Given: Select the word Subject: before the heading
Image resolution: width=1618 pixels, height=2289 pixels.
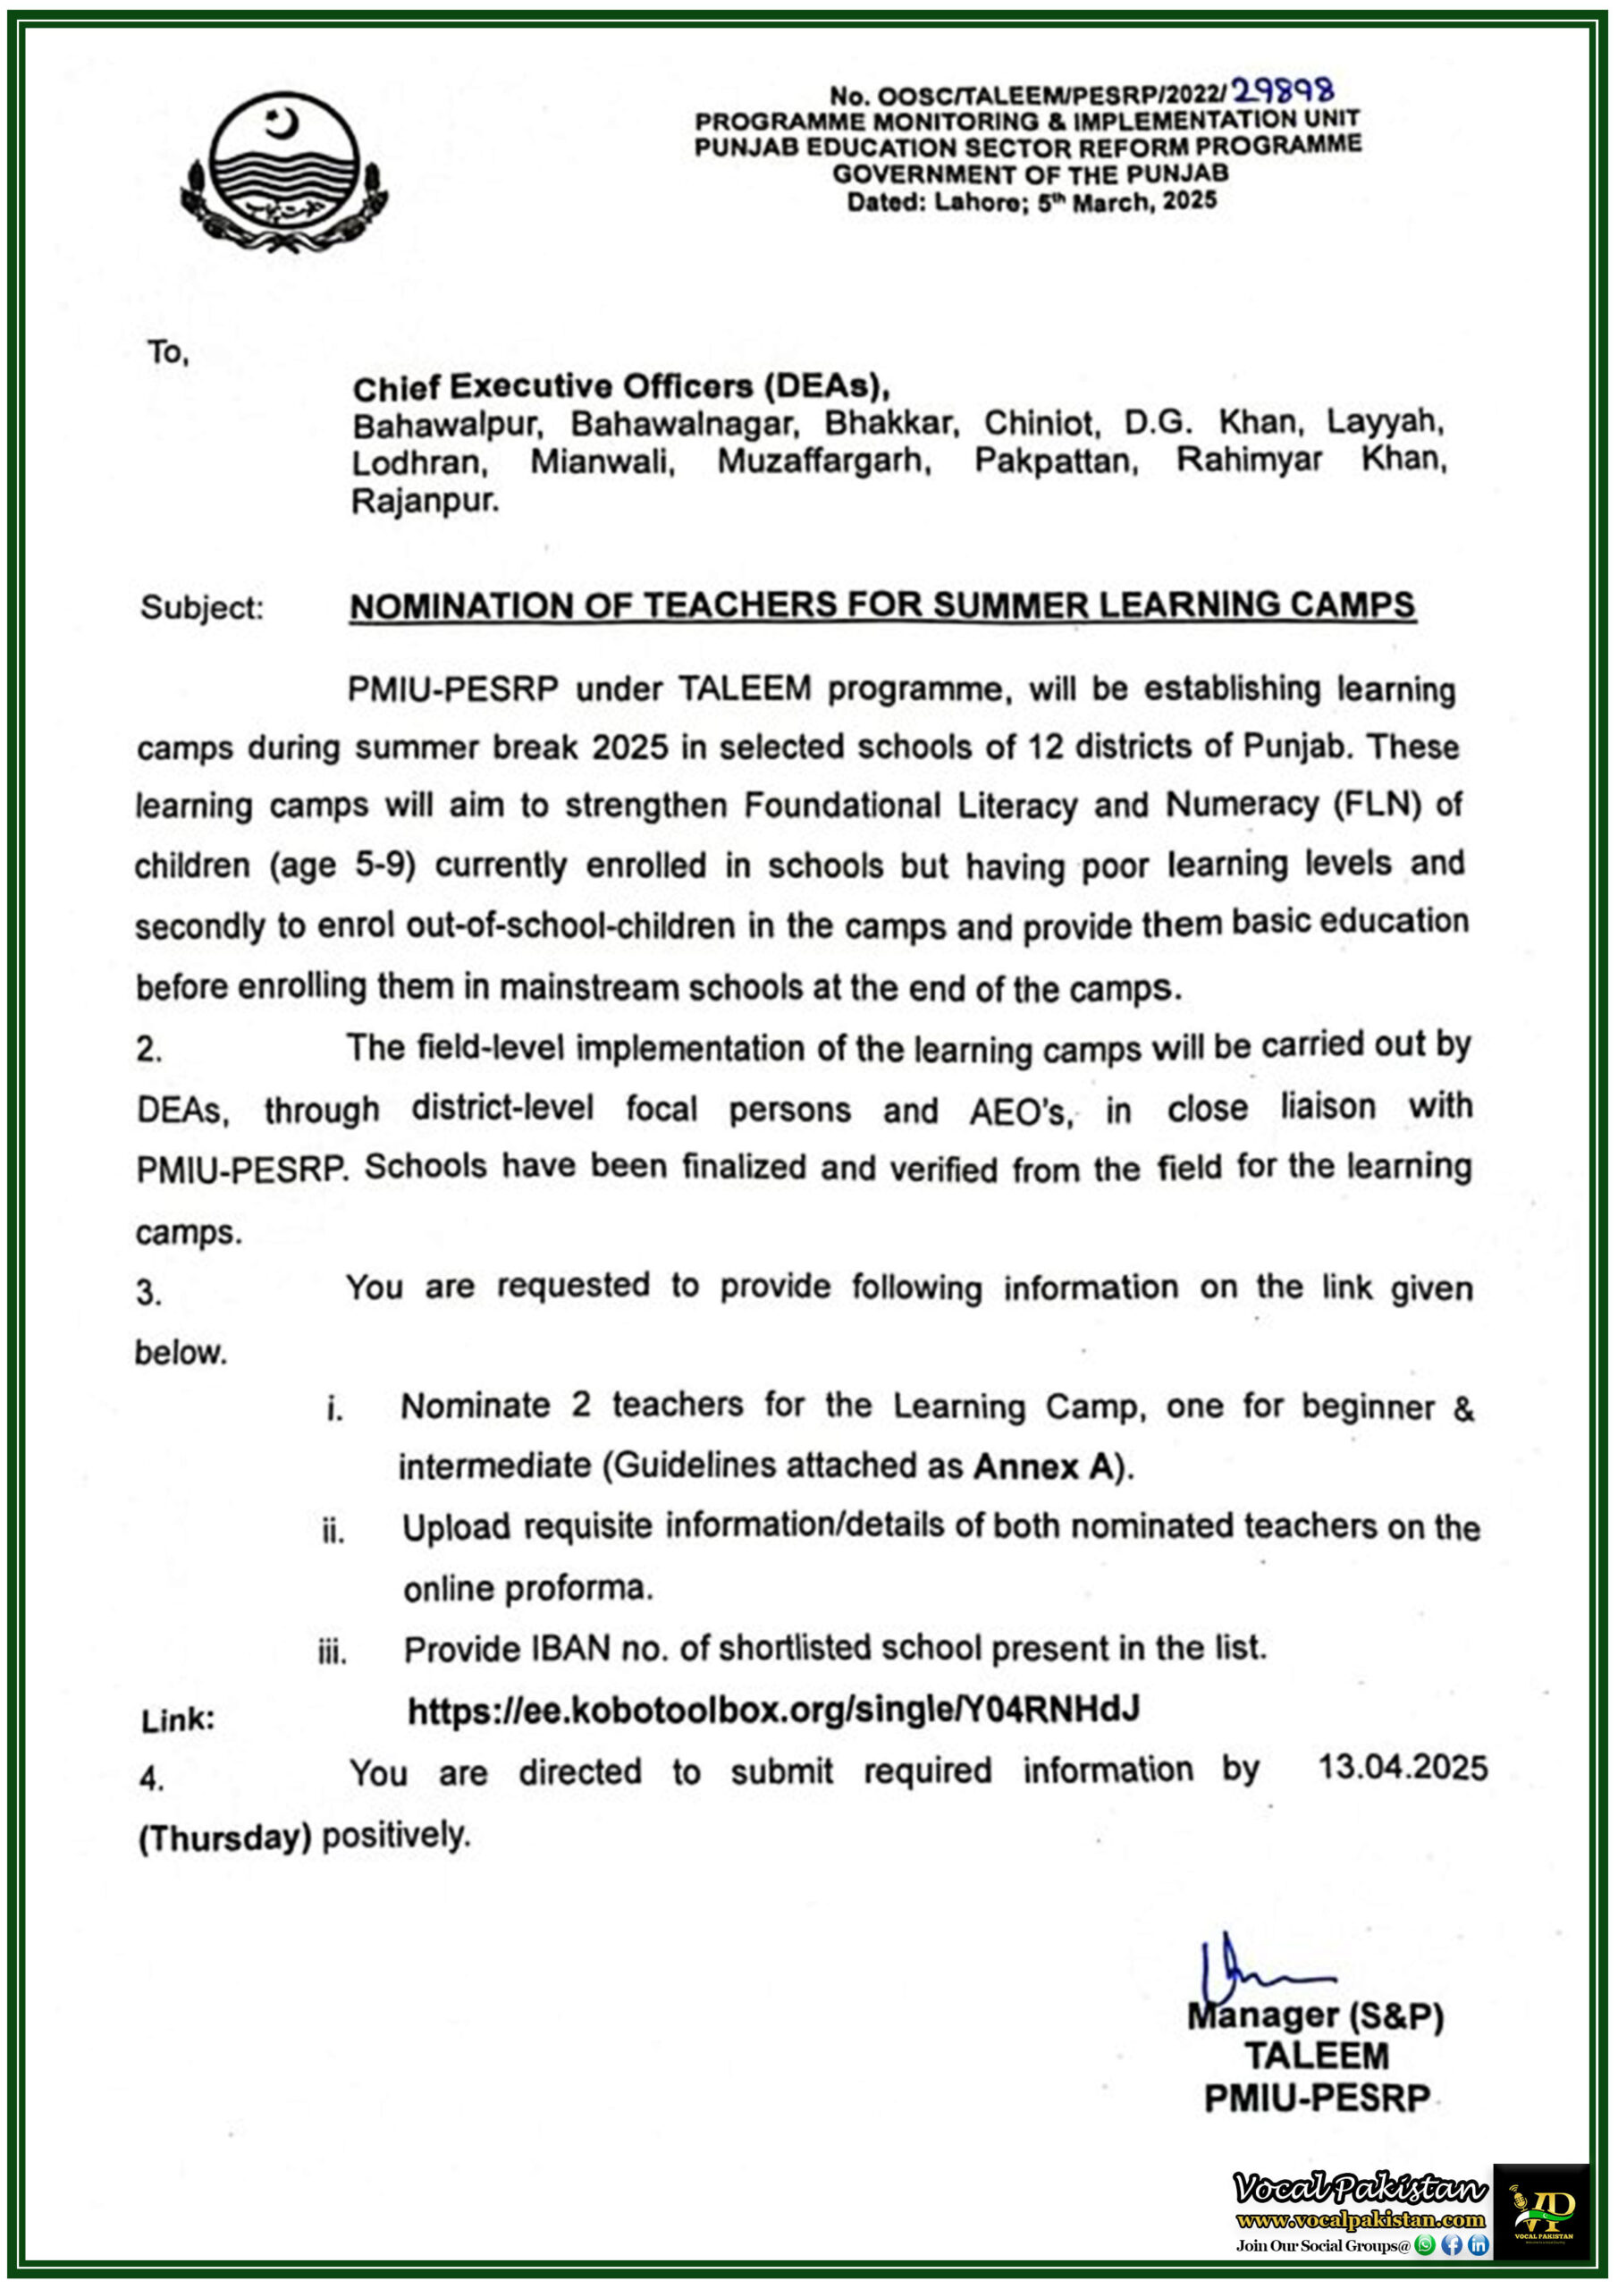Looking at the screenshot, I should coord(202,607).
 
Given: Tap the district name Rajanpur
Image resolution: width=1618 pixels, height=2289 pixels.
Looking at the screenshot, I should coord(425,501).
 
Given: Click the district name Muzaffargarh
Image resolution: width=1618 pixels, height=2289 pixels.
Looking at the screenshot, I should coord(823,461).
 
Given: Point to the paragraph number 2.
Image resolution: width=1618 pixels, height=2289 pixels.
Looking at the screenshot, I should coord(149,1049).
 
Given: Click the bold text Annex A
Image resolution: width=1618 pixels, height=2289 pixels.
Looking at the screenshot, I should coord(1043,1466).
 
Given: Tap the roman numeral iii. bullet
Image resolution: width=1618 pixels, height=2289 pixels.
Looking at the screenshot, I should coord(332,1652).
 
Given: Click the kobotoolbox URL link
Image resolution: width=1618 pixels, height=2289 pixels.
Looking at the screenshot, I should coord(773,1710).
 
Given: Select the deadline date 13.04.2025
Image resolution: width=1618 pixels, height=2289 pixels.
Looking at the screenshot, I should coord(1402,1768).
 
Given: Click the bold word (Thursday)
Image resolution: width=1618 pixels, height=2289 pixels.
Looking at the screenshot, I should coord(225,1837).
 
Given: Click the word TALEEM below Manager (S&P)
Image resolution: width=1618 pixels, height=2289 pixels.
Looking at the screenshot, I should coord(1316,2056).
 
